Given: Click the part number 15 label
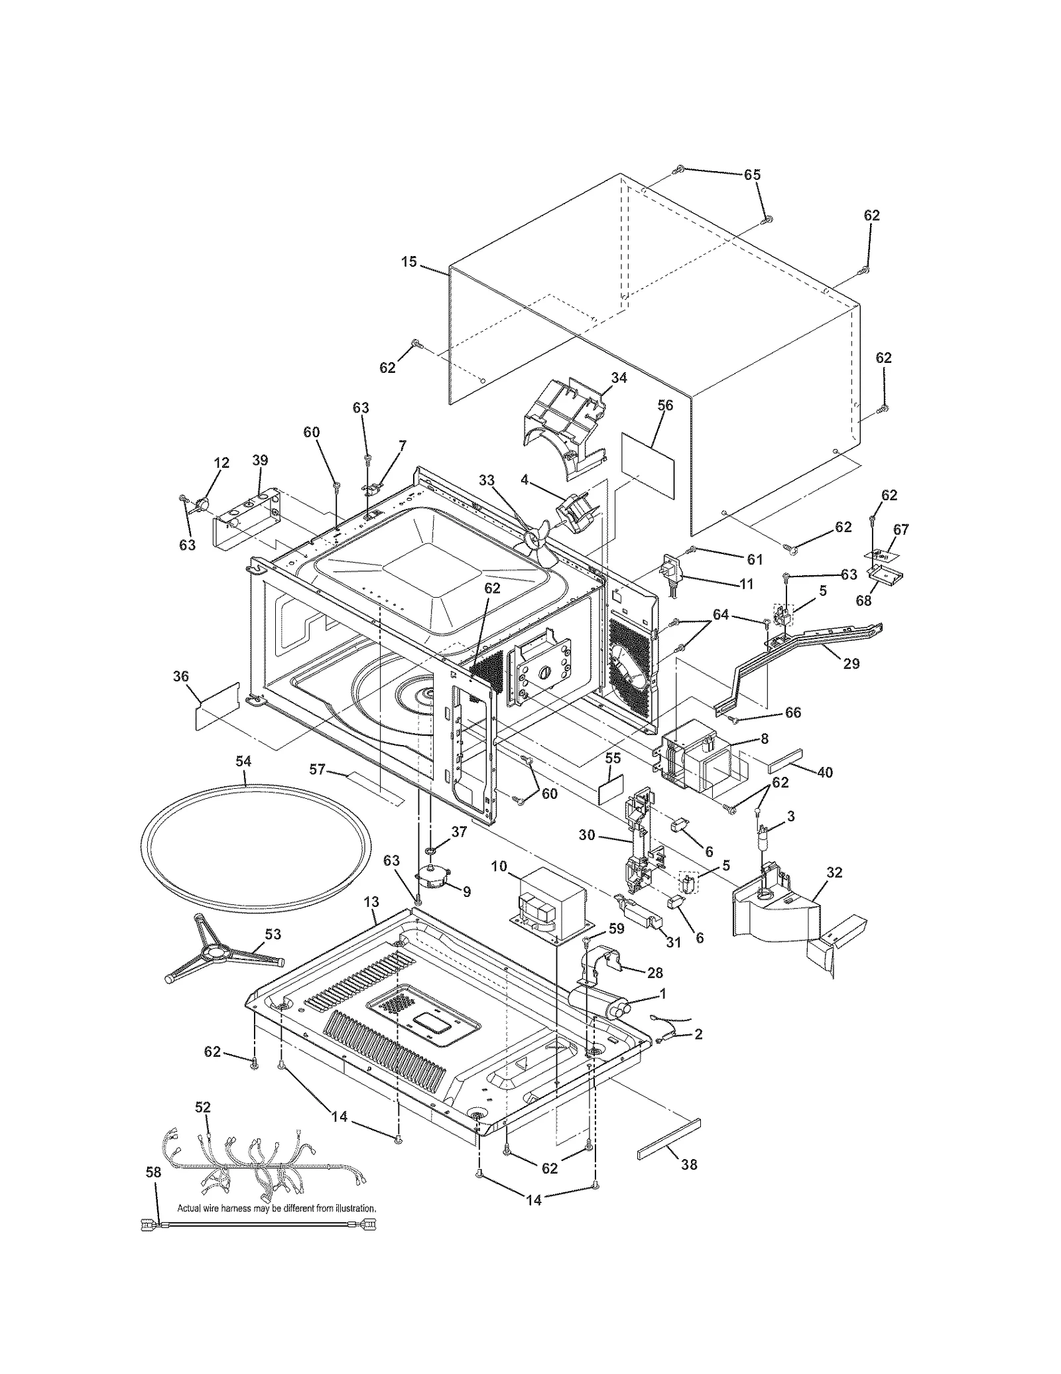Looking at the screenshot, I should (408, 262).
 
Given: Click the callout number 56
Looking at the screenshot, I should (664, 405).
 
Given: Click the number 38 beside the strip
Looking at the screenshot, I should (689, 1164).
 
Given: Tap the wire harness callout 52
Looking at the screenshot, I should (203, 1107).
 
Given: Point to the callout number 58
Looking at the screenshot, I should (153, 1172).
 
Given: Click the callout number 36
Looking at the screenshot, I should (181, 676).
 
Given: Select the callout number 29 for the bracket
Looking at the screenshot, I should (851, 663).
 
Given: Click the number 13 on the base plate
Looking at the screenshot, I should (371, 902).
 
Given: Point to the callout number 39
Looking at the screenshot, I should (260, 460).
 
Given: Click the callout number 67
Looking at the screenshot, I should (901, 529).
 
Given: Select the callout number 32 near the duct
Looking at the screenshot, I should (834, 872).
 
